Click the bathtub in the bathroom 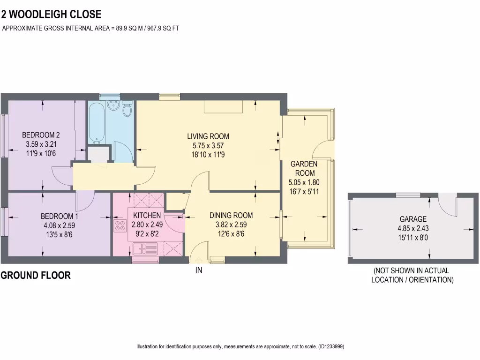click(96, 123)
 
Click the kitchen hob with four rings click(120, 226)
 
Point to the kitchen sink click(140, 248)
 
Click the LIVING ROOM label click(208, 136)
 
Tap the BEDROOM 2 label click(41, 135)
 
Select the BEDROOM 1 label click(59, 216)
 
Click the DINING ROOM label click(231, 215)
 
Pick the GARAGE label click(413, 219)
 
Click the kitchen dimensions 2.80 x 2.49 click(147, 224)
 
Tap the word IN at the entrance click(199, 270)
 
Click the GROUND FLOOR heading click(36, 276)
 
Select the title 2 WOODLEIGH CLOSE click(51, 15)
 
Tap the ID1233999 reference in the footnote click(331, 347)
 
